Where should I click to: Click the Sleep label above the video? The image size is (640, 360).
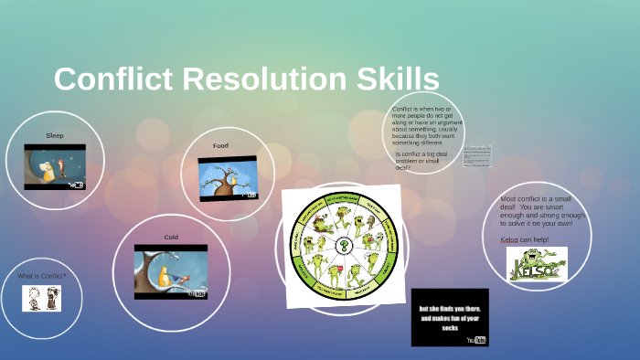tap(55, 135)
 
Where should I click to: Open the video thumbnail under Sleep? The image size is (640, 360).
tap(55, 166)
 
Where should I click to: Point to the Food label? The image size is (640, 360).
tap(220, 146)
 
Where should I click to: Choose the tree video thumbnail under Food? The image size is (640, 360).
tap(228, 178)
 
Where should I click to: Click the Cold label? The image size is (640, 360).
tap(171, 238)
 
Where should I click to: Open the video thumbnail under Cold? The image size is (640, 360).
tap(171, 271)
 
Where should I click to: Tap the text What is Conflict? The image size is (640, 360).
tap(42, 275)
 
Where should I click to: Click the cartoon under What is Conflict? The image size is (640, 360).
tap(41, 299)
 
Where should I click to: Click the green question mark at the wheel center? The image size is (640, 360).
tap(342, 244)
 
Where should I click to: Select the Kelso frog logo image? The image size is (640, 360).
tap(538, 264)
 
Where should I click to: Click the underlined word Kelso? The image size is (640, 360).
tap(510, 239)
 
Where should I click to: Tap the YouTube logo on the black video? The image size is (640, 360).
tap(477, 339)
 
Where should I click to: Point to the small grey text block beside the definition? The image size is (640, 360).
tap(477, 154)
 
